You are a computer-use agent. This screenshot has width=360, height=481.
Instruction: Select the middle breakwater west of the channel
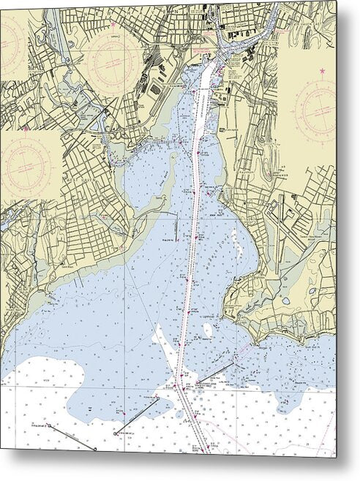[135, 416]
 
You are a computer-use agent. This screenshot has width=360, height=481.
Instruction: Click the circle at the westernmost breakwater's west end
[50, 425]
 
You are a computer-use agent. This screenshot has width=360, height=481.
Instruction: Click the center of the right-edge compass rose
[314, 110]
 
